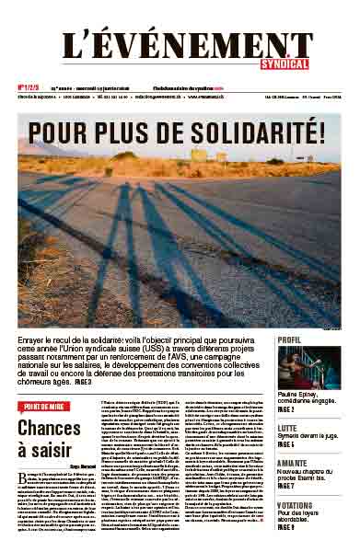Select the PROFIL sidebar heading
pos(290,339)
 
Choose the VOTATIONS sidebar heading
pos(297,505)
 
